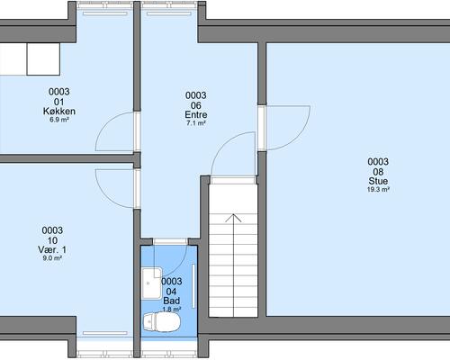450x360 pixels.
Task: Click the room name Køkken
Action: pos(59,112)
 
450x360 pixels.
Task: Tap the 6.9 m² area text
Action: pos(59,120)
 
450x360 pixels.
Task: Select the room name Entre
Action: pos(196,114)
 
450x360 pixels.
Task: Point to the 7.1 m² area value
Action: pos(196,123)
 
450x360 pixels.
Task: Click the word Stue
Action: pos(378,181)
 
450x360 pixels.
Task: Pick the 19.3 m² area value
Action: pos(378,189)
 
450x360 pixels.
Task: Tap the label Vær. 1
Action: pos(52,249)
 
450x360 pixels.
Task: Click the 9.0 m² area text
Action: pos(52,258)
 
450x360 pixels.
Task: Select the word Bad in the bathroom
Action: pos(172,301)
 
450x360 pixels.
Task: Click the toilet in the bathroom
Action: pos(162,322)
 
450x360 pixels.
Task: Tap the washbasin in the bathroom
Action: pos(152,283)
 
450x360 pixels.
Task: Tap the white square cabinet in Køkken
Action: pos(43,59)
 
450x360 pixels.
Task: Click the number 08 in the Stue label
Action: pos(378,172)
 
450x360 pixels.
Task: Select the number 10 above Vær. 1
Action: pos(52,240)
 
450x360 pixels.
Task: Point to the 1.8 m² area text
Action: pos(172,309)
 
